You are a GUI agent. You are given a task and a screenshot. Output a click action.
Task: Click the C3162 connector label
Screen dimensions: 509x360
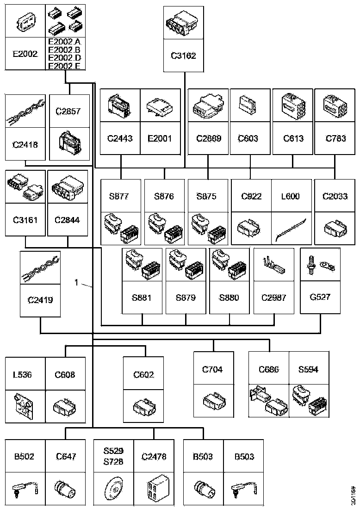183,56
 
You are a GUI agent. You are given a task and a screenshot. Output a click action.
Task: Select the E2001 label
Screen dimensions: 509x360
160,138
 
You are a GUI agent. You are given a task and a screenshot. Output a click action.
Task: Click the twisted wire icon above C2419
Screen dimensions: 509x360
39,268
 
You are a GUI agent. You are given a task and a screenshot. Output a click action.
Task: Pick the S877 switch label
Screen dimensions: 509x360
119,196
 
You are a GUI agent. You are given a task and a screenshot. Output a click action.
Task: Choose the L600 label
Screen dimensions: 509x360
290,196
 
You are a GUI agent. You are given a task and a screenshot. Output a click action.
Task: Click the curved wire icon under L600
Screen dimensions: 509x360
290,228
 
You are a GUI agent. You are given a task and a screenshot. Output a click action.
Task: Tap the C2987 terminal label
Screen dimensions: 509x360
273,297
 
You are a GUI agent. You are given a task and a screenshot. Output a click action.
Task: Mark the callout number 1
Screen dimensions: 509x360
77,282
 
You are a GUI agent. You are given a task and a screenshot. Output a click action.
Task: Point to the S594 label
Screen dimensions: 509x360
308,369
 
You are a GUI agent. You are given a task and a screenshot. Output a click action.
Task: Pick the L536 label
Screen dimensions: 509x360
22,375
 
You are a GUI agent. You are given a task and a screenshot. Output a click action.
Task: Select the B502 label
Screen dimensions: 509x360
24,456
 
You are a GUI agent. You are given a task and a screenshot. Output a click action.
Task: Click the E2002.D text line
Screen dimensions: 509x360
64,57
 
